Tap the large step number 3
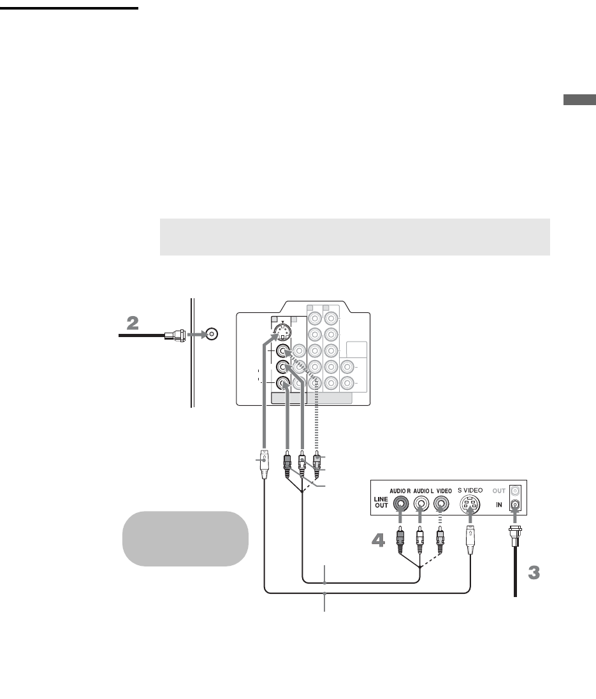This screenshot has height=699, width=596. click(x=534, y=573)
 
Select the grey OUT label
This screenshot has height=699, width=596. click(x=498, y=491)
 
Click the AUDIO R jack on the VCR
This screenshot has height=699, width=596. click(x=400, y=503)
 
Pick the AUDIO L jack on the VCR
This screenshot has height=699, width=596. click(x=420, y=503)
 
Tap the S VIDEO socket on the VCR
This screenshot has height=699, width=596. click(x=470, y=505)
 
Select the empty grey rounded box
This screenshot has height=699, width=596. click(x=185, y=538)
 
